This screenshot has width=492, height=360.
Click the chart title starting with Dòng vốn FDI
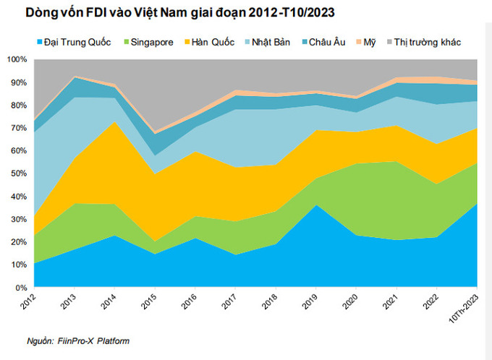[179, 12]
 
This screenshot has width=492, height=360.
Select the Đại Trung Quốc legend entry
[74, 42]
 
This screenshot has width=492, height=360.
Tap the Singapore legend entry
[148, 43]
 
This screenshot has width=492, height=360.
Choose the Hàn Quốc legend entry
[209, 42]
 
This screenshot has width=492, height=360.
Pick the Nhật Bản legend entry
[267, 42]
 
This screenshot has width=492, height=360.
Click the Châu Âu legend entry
[323, 42]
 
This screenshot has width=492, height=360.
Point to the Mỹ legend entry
[365, 43]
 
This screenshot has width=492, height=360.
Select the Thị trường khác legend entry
[423, 42]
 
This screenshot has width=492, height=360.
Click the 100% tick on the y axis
[17, 59]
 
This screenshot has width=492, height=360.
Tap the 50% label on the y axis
[19, 173]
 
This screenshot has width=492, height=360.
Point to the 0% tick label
[21, 288]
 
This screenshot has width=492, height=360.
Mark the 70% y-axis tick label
[19, 128]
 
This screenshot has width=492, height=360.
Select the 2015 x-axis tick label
[149, 301]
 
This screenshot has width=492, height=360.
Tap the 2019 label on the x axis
[310, 301]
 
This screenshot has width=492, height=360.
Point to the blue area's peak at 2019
[316, 205]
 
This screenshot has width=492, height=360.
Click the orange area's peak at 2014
[114, 121]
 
